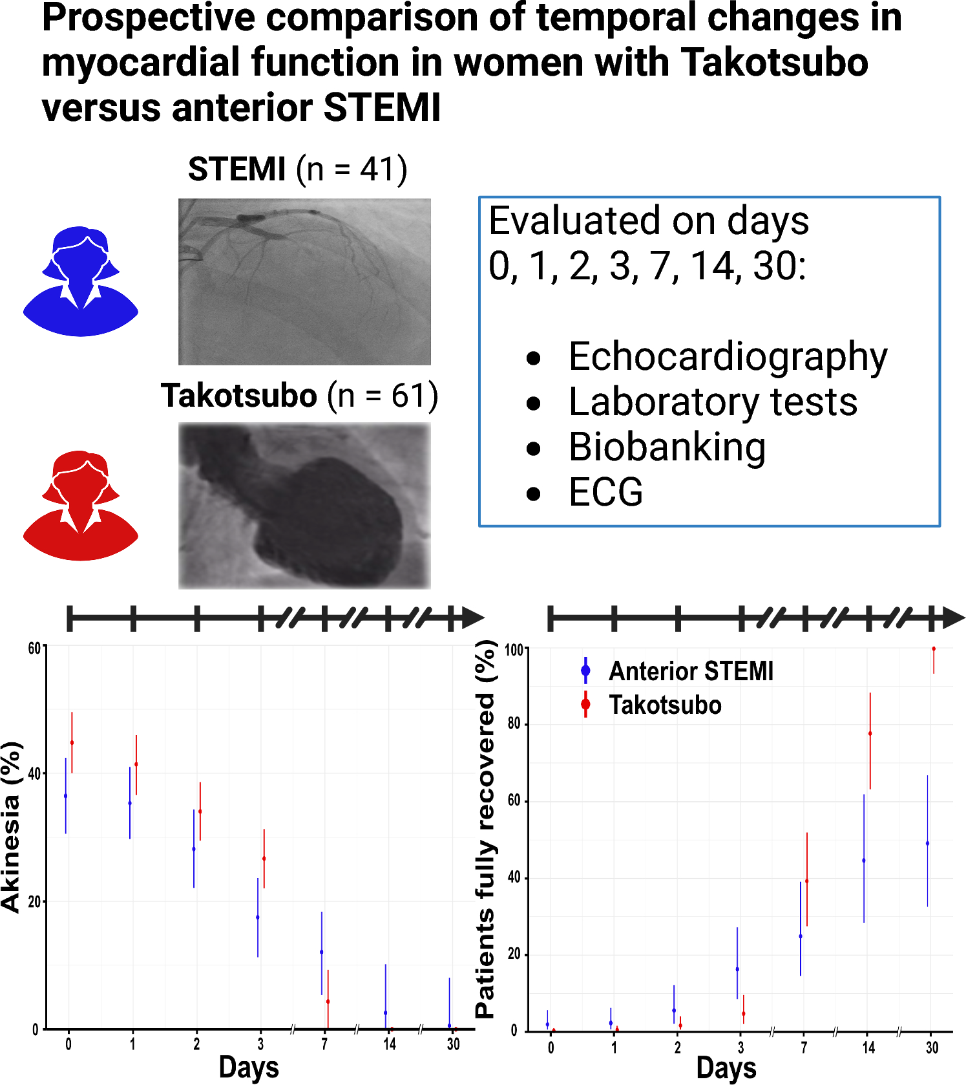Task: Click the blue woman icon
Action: (81, 281)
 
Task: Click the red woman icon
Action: (81, 506)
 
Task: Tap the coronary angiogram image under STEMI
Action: (304, 282)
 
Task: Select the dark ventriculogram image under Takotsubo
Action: (304, 506)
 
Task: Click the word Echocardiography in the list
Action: (728, 357)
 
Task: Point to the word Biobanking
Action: (667, 447)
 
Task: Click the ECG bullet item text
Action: (605, 493)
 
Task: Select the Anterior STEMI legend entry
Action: (690, 671)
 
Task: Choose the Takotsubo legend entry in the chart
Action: (664, 705)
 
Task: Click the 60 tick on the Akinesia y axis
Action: (34, 649)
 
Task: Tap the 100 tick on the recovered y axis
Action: (514, 650)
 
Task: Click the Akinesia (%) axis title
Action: (12, 828)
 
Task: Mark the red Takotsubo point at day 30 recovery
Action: (934, 649)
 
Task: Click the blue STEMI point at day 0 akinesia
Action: (65, 796)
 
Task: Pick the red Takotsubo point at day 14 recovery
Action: (870, 733)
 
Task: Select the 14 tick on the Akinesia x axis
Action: (389, 1044)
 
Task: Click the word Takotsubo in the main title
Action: (775, 62)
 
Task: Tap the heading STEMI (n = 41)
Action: (297, 169)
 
